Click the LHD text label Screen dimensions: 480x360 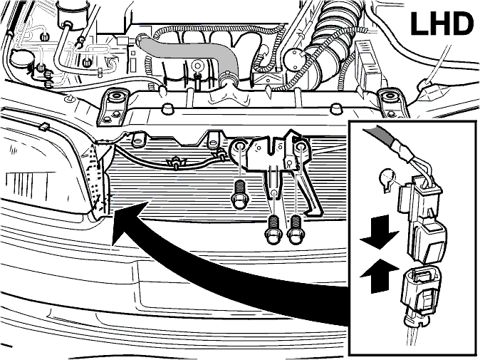pyautogui.click(x=442, y=24)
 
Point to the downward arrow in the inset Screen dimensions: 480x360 pyautogui.click(x=380, y=232)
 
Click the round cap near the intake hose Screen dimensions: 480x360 pyautogui.click(x=293, y=58)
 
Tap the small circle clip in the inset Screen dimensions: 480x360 pyautogui.click(x=386, y=180)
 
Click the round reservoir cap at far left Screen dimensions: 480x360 pyautogui.click(x=21, y=58)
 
